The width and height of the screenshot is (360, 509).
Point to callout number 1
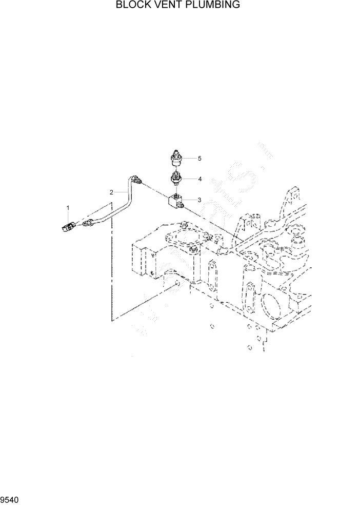pos(67,207)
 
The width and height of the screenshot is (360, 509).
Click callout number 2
pos(111,192)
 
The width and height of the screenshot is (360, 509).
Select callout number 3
pos(199,199)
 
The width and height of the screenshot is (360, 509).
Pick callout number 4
pos(200,179)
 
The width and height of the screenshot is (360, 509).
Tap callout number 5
pos(200,159)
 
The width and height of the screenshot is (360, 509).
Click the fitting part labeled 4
pos(176,180)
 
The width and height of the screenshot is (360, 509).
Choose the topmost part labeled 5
pos(175,159)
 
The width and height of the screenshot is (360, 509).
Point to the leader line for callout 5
pos(190,159)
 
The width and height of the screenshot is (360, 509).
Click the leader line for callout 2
pos(119,192)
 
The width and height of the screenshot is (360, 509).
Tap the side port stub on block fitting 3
pos(182,206)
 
